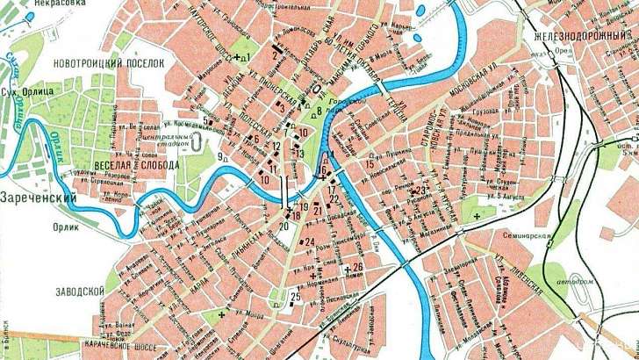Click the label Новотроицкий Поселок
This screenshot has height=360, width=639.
(x=109, y=64)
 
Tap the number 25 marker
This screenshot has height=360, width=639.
(x=295, y=297)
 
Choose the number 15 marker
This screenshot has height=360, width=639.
(x=370, y=163)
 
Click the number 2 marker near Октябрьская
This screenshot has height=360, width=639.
(x=275, y=55)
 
